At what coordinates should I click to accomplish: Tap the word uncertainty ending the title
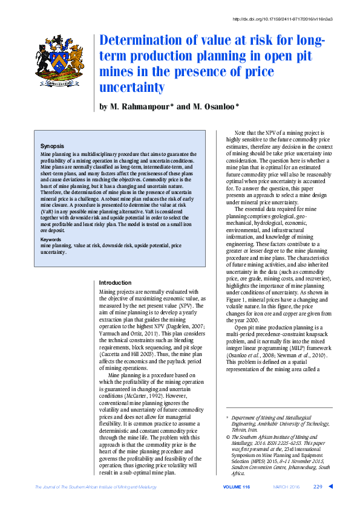tap(132, 88)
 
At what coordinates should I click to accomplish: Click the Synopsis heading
tap(53, 146)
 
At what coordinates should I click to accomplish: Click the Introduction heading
tap(114, 283)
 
